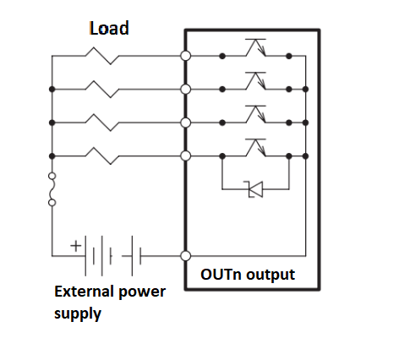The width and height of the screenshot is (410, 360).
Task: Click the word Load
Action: tap(109, 29)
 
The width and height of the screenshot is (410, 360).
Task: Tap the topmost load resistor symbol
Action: tap(102, 56)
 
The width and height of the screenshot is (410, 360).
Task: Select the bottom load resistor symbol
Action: tap(102, 155)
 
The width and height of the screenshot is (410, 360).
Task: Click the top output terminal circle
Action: tap(185, 56)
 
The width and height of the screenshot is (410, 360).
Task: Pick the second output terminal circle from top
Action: tap(185, 90)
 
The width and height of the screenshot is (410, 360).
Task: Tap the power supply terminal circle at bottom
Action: tap(185, 256)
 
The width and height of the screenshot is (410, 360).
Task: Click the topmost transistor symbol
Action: tap(255, 47)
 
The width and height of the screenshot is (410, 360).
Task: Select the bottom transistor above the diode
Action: tap(255, 148)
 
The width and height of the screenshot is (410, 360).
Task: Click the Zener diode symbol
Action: tap(255, 189)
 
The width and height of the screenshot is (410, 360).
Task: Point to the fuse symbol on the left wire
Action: tap(52, 189)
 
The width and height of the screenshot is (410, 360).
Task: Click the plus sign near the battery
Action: tap(75, 246)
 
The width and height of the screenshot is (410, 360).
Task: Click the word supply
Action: tap(78, 314)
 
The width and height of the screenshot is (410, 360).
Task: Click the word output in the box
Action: tap(271, 275)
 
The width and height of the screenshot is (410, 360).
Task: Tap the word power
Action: tap(142, 292)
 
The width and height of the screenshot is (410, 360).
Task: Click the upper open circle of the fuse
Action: tap(52, 176)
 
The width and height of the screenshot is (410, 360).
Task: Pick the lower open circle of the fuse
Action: tap(52, 203)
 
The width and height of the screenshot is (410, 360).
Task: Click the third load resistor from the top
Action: tap(102, 123)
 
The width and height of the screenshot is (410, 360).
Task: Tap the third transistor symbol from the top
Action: tap(255, 114)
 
